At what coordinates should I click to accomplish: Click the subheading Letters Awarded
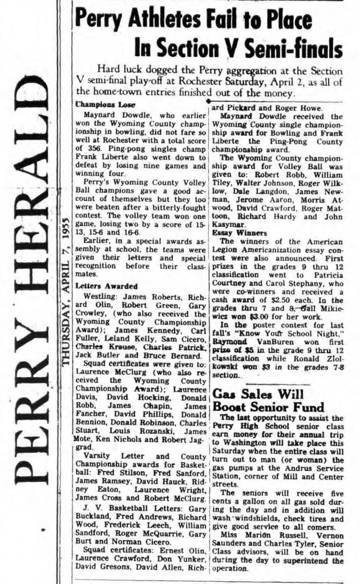coord(102,286)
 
